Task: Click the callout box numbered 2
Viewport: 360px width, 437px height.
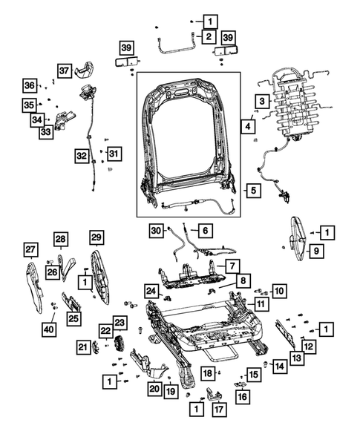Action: tap(209, 36)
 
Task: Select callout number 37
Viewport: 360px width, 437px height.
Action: tap(65, 70)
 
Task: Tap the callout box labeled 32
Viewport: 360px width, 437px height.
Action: tap(81, 156)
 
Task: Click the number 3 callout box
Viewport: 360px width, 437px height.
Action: tap(262, 101)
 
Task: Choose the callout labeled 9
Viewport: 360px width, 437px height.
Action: tap(315, 253)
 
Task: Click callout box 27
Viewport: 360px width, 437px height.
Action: tap(30, 249)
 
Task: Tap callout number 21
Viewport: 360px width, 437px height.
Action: tap(82, 346)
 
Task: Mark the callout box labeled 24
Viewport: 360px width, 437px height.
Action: tap(151, 291)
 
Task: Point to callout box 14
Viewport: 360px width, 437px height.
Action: tap(278, 365)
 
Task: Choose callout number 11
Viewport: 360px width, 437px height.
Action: tap(262, 304)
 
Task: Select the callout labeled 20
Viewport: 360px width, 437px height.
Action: tap(154, 388)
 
